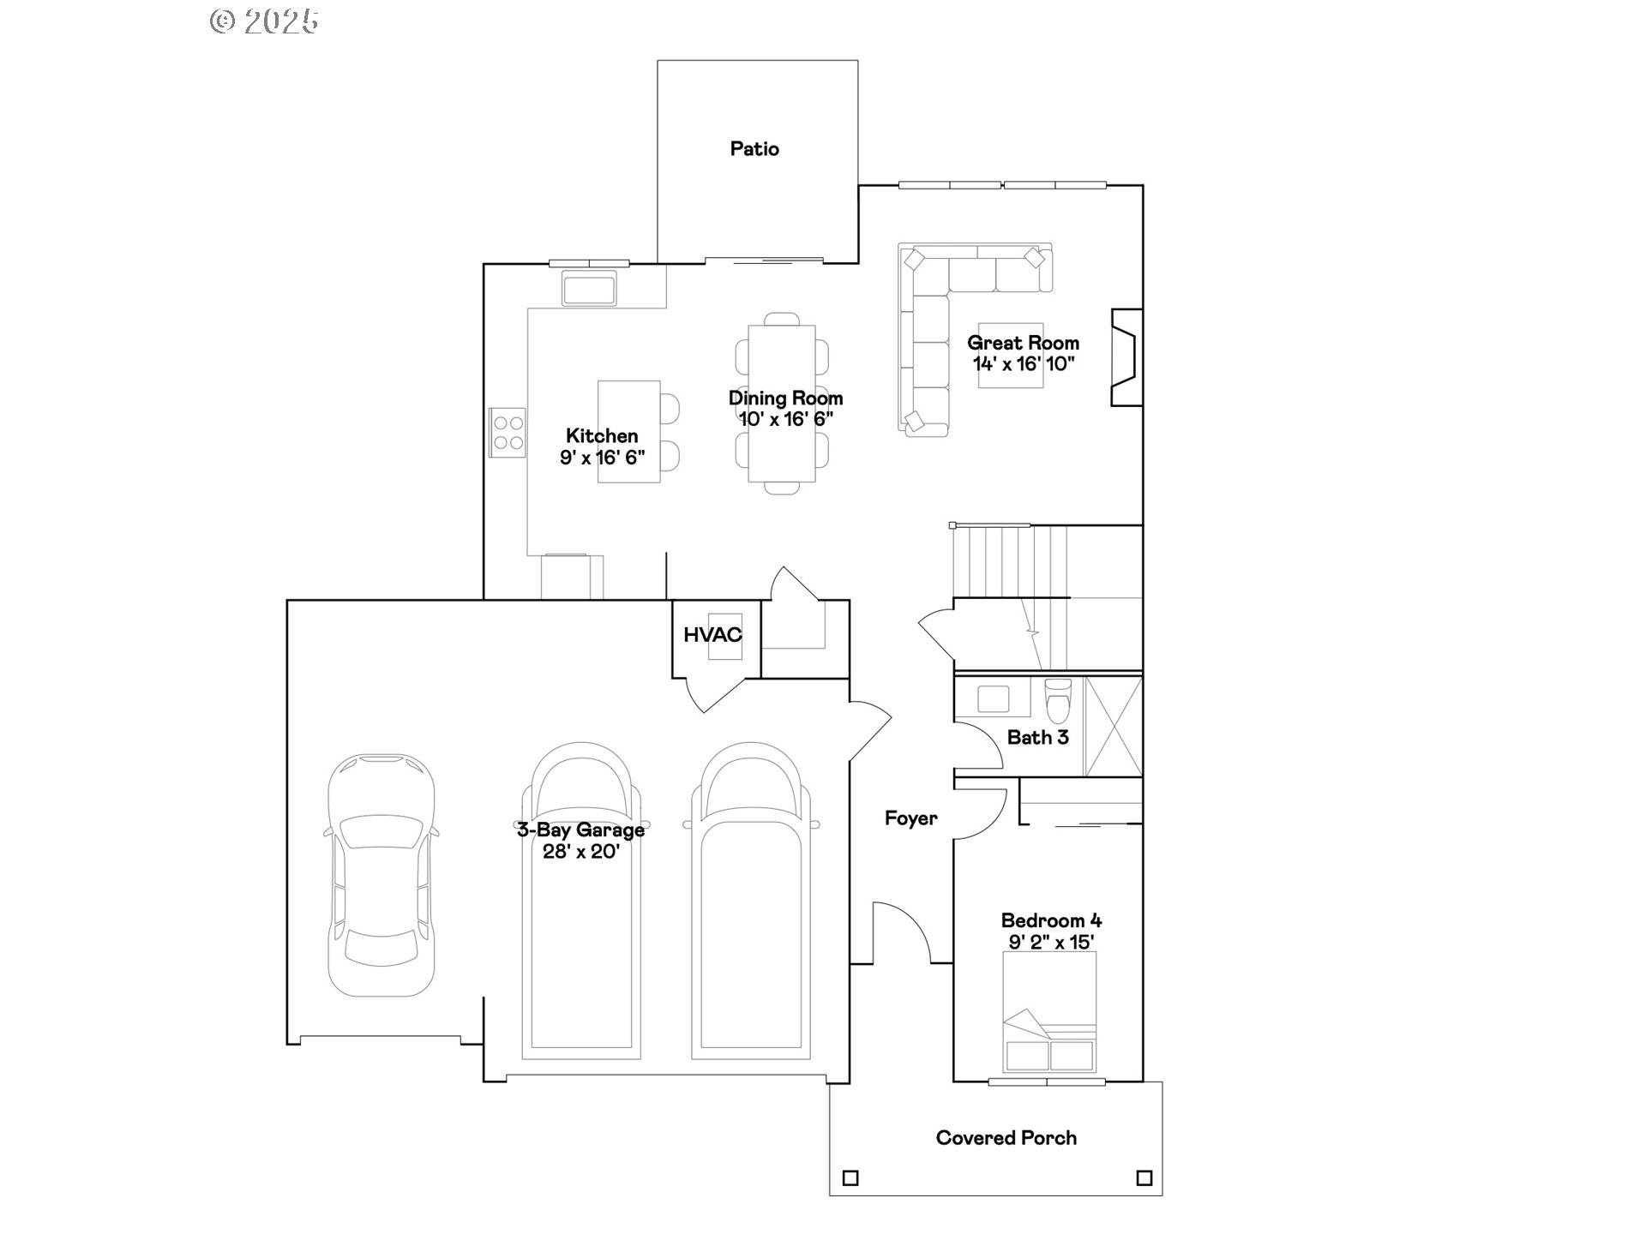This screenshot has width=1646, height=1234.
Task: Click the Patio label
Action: point(754,149)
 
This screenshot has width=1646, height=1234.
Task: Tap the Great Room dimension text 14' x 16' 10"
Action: point(1023,364)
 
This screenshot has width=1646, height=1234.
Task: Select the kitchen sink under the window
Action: point(589,288)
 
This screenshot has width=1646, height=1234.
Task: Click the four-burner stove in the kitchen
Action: point(508,433)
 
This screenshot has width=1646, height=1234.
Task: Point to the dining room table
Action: point(781,403)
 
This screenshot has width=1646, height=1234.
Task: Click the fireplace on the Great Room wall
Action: point(1126,357)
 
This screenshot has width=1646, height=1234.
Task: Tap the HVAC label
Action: point(712,635)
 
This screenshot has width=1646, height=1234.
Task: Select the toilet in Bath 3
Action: point(1059,700)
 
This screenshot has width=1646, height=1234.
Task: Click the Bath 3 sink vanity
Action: point(994,698)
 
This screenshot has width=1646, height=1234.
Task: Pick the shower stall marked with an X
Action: point(1114,727)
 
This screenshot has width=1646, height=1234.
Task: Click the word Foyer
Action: point(910,818)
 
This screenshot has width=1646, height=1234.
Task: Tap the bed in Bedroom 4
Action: point(1049,1012)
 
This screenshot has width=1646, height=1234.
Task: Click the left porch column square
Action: point(850,1178)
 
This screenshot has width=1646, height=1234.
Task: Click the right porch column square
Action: point(1144,1178)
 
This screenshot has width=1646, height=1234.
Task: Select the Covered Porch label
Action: point(1006,1138)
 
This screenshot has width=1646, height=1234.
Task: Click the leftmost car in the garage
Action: point(381,876)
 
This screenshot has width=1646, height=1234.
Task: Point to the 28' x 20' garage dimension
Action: point(580,852)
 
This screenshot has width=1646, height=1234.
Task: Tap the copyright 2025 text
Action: point(265,21)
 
